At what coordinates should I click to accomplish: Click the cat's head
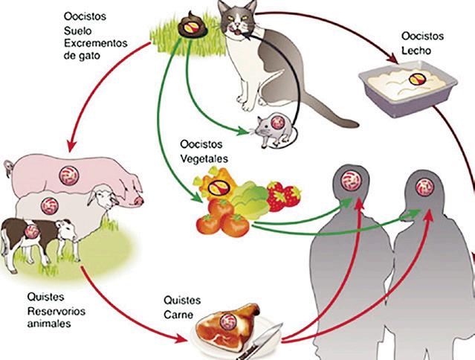click(239, 22)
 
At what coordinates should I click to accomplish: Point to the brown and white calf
click(33, 234)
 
